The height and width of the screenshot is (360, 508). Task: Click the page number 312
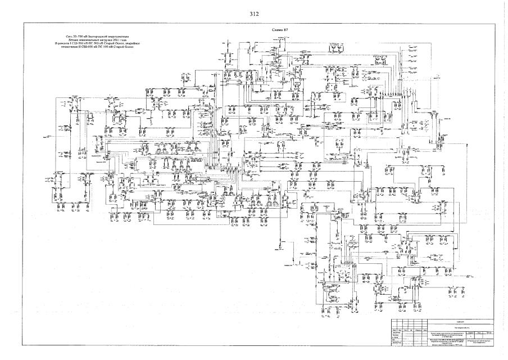click(x=253, y=13)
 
